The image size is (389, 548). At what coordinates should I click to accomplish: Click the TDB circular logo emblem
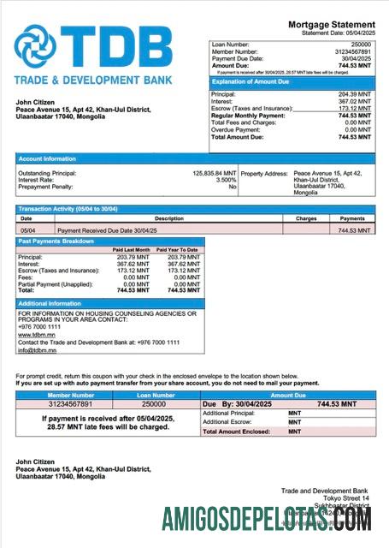pos(37,48)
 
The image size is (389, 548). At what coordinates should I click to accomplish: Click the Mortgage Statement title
pos(331,24)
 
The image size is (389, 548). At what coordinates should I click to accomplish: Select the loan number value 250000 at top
pos(361,43)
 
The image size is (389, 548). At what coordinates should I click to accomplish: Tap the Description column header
pos(168,218)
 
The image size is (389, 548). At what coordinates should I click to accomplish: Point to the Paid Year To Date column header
pos(180,250)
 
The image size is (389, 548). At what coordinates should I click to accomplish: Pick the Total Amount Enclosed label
pos(236,432)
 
